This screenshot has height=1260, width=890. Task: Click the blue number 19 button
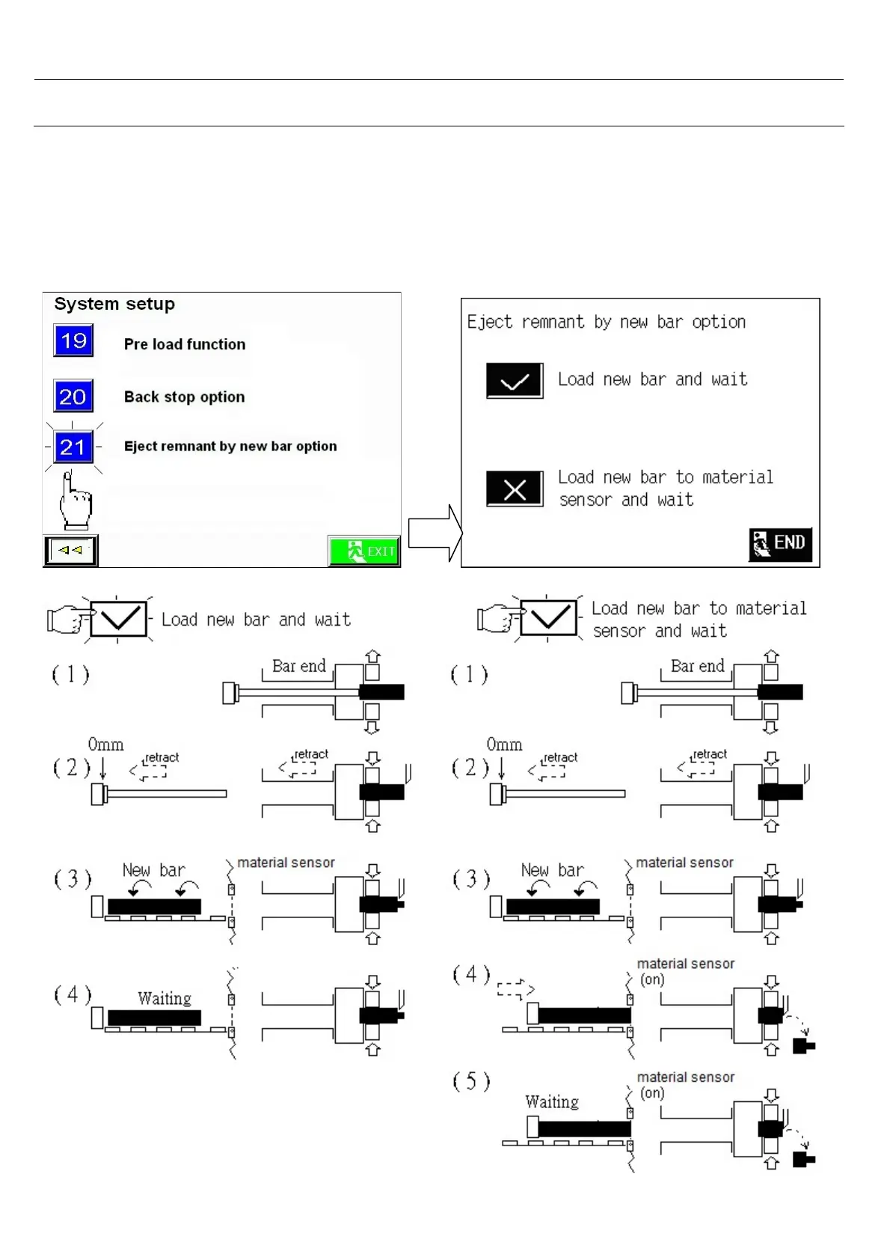click(73, 341)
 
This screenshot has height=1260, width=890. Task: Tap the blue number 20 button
click(73, 397)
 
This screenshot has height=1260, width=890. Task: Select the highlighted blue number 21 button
click(73, 447)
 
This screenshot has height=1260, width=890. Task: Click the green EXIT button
click(364, 551)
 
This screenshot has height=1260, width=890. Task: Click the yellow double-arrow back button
click(70, 551)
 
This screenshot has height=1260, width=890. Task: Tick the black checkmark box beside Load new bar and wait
click(515, 381)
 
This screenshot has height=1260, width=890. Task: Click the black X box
click(515, 489)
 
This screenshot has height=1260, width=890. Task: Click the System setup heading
click(114, 304)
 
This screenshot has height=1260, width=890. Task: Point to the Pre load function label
click(185, 344)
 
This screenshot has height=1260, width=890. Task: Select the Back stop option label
click(184, 397)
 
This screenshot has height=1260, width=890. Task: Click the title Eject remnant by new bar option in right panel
click(606, 322)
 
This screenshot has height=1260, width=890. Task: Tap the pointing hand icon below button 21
click(76, 502)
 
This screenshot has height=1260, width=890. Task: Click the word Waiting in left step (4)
click(165, 998)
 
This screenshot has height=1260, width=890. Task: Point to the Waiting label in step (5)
click(552, 1101)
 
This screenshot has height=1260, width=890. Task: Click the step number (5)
click(471, 1081)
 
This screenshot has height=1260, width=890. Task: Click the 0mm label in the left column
click(105, 744)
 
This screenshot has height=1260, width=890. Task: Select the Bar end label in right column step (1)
click(697, 666)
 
